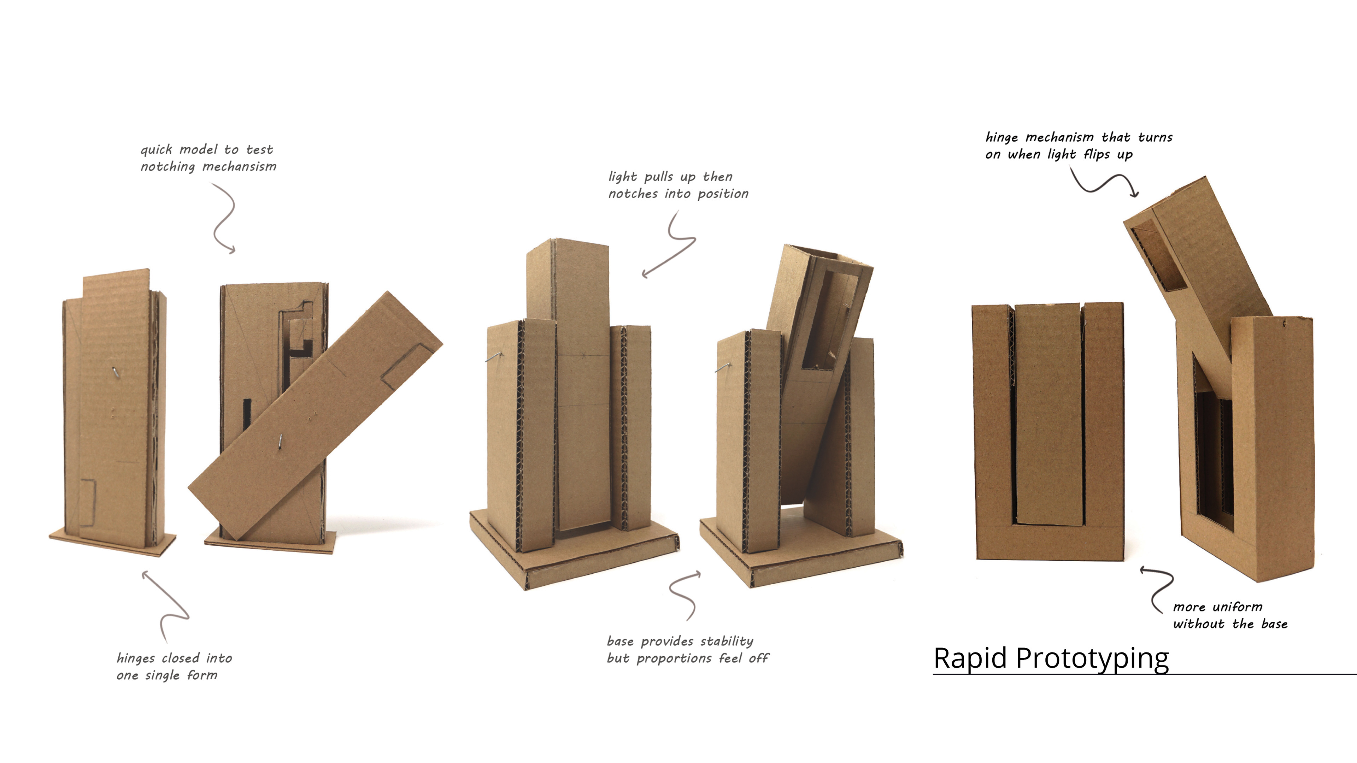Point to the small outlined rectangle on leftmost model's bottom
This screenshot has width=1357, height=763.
[87, 503]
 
